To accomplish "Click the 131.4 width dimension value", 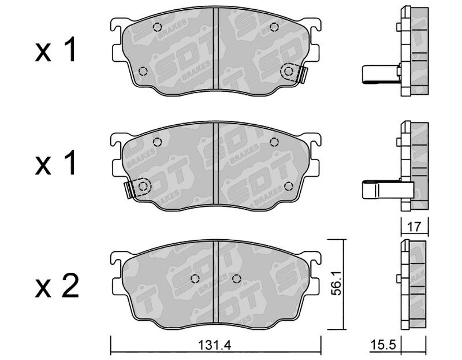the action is tap(214, 345).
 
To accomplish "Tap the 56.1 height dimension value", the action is tap(336, 283).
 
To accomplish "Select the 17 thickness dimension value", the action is tap(415, 227).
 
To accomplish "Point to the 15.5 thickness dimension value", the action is tap(383, 344).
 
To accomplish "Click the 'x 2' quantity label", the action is tap(57, 285).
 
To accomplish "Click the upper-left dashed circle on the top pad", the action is tap(158, 27).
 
